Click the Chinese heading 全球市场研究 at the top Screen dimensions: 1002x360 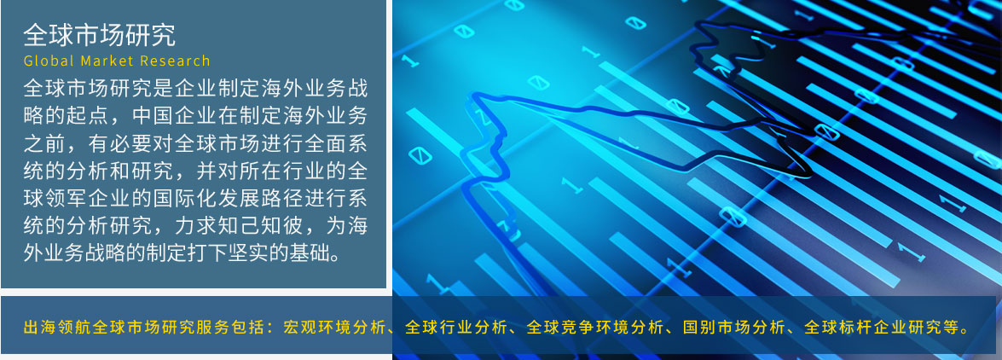99,36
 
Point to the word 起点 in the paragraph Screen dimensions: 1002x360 88,116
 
